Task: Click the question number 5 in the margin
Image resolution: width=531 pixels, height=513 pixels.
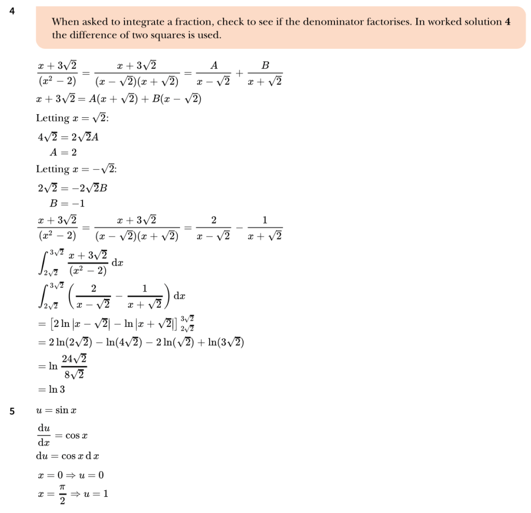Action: (11, 411)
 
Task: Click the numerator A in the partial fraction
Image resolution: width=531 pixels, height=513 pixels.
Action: (214, 65)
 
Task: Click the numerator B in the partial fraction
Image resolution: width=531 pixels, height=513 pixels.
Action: (265, 65)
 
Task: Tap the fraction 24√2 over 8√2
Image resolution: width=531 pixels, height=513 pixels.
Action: (74, 366)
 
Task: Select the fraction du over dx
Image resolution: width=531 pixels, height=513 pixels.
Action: (44, 436)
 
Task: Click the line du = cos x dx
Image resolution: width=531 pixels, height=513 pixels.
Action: (67, 456)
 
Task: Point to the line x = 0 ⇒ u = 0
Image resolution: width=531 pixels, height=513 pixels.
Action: (67, 475)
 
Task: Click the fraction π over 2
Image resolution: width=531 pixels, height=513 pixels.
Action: (62, 494)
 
